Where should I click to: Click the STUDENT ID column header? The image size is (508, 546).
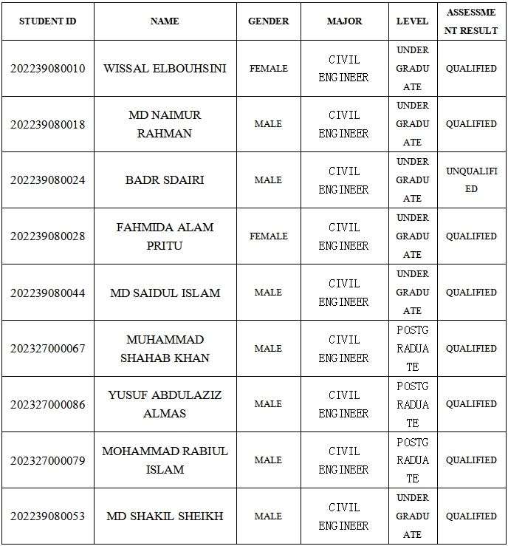tap(47, 21)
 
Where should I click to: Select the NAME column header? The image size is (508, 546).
tap(165, 21)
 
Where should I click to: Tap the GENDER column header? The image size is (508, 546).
tap(268, 21)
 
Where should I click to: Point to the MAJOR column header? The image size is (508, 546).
tap(344, 21)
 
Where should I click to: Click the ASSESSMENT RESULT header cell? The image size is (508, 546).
tap(471, 21)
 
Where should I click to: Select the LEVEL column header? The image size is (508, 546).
tap(412, 21)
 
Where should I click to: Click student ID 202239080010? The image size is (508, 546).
tap(47, 69)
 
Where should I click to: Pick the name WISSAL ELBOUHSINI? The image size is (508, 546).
tap(165, 69)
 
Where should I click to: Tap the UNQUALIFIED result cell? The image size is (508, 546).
tap(471, 180)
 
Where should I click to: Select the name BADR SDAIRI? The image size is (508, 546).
tap(165, 180)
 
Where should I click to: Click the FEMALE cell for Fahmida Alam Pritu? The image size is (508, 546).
tap(268, 236)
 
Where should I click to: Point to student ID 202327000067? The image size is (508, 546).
tap(47, 349)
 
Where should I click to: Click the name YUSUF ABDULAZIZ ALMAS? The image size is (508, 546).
tap(165, 404)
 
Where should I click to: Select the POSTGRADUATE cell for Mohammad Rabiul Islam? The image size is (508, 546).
tap(412, 460)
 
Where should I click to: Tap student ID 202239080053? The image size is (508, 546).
tap(47, 516)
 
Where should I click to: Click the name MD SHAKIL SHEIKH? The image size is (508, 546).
tap(165, 516)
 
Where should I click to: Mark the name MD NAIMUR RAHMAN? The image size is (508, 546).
tap(165, 124)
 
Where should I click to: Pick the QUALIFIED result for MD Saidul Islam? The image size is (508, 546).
tap(471, 293)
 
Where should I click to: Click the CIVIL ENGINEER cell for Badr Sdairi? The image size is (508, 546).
tap(344, 180)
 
